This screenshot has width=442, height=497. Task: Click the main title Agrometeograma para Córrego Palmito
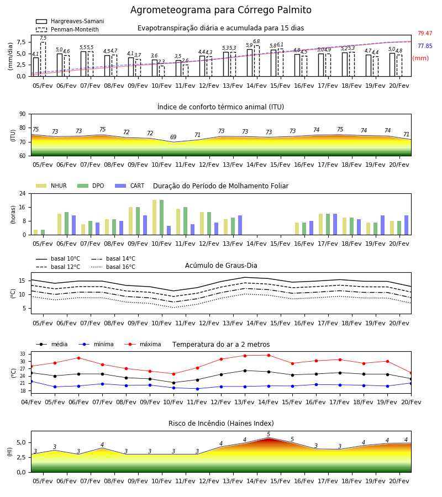pyautogui.click(x=220, y=10)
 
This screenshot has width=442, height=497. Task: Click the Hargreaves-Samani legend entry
pyautogui.click(x=70, y=21)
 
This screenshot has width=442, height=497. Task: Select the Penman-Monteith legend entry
pyautogui.click(x=67, y=29)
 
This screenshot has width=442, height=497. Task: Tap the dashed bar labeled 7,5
pyautogui.click(x=43, y=59)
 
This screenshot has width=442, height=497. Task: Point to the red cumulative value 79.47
pyautogui.click(x=425, y=33)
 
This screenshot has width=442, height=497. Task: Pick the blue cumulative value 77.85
pyautogui.click(x=425, y=46)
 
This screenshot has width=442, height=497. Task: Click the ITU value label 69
pyautogui.click(x=173, y=137)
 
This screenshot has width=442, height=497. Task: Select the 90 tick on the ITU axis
pyautogui.click(x=23, y=114)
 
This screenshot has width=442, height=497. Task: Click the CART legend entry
pyautogui.click(x=130, y=186)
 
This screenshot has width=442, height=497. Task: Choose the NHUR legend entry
pyautogui.click(x=51, y=186)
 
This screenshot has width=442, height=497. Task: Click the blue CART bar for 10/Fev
pyautogui.click(x=169, y=230)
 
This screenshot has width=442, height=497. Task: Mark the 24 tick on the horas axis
pyautogui.click(x=23, y=193)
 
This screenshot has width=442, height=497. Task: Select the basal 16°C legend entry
pyautogui.click(x=113, y=267)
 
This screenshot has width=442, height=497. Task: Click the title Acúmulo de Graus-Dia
pyautogui.click(x=221, y=265)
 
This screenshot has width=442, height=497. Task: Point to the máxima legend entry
pyautogui.click(x=143, y=344)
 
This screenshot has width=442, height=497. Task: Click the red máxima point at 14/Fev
pyautogui.click(x=269, y=355)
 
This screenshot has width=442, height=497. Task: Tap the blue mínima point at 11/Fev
pyautogui.click(x=198, y=389)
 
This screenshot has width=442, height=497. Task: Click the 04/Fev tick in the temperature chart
pyautogui.click(x=31, y=402)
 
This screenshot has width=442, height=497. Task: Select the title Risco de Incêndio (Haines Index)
pyautogui.click(x=221, y=424)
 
